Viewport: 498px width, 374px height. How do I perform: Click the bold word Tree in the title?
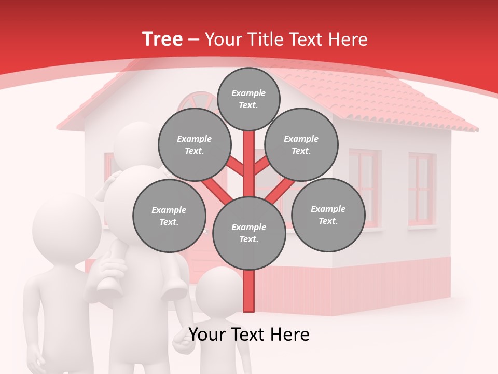[x=162, y=39]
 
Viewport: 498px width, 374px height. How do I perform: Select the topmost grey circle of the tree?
[x=248, y=99]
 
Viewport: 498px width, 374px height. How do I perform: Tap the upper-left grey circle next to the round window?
[x=195, y=145]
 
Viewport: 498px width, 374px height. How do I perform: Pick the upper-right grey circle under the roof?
[x=301, y=145]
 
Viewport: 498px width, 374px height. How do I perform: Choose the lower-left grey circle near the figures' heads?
[x=169, y=216]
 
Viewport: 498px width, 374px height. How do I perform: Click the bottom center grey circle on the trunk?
[x=249, y=233]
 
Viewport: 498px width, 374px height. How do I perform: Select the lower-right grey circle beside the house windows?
[x=328, y=215]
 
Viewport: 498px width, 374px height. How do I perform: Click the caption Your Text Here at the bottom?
[x=249, y=335]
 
